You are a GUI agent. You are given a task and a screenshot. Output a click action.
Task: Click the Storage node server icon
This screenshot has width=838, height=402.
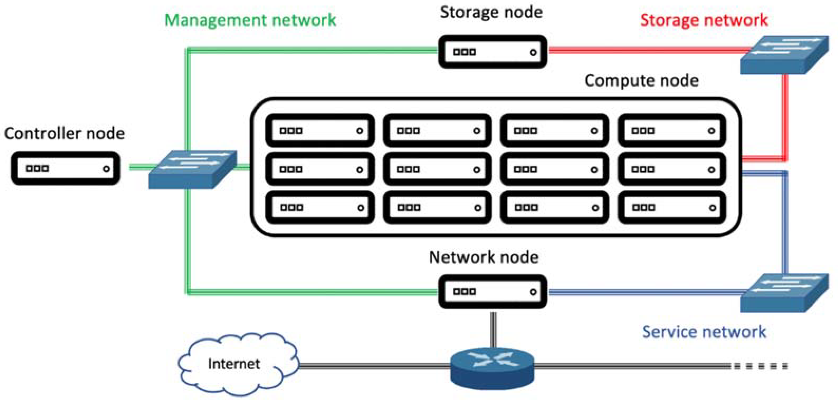click(x=492, y=52)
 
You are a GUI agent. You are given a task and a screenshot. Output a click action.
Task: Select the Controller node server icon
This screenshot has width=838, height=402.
click(x=65, y=168)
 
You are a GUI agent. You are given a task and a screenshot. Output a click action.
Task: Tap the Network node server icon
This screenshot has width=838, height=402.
click(x=492, y=291)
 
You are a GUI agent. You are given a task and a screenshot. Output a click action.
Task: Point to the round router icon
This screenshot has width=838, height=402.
click(x=492, y=367)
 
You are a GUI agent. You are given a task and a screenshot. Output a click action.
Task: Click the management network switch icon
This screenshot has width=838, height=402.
click(x=193, y=169)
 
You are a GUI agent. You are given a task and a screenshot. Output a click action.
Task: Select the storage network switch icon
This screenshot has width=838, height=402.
click(x=784, y=55)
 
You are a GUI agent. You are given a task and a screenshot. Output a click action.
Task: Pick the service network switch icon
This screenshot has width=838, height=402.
click(x=784, y=293)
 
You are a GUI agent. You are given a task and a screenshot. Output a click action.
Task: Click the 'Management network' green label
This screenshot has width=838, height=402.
click(x=250, y=20)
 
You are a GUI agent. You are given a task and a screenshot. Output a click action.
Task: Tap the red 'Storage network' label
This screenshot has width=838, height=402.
click(x=704, y=20)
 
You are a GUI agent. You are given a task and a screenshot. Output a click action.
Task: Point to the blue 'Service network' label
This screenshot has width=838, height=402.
click(x=704, y=332)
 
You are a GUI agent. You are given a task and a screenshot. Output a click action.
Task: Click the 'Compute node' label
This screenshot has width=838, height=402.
click(x=641, y=80)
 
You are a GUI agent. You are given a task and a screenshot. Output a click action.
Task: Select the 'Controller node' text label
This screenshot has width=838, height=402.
click(x=64, y=133)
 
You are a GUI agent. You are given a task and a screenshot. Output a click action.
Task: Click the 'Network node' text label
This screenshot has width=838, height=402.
click(x=483, y=257)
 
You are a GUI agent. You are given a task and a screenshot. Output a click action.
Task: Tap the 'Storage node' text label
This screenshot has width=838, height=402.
click(x=491, y=12)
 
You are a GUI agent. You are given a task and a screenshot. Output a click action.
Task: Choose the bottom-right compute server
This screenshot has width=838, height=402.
click(x=672, y=207)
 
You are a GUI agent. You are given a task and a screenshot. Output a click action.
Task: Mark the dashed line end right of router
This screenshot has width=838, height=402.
click(x=787, y=366)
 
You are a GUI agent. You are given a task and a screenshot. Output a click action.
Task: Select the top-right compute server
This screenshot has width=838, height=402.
click(x=672, y=130)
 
